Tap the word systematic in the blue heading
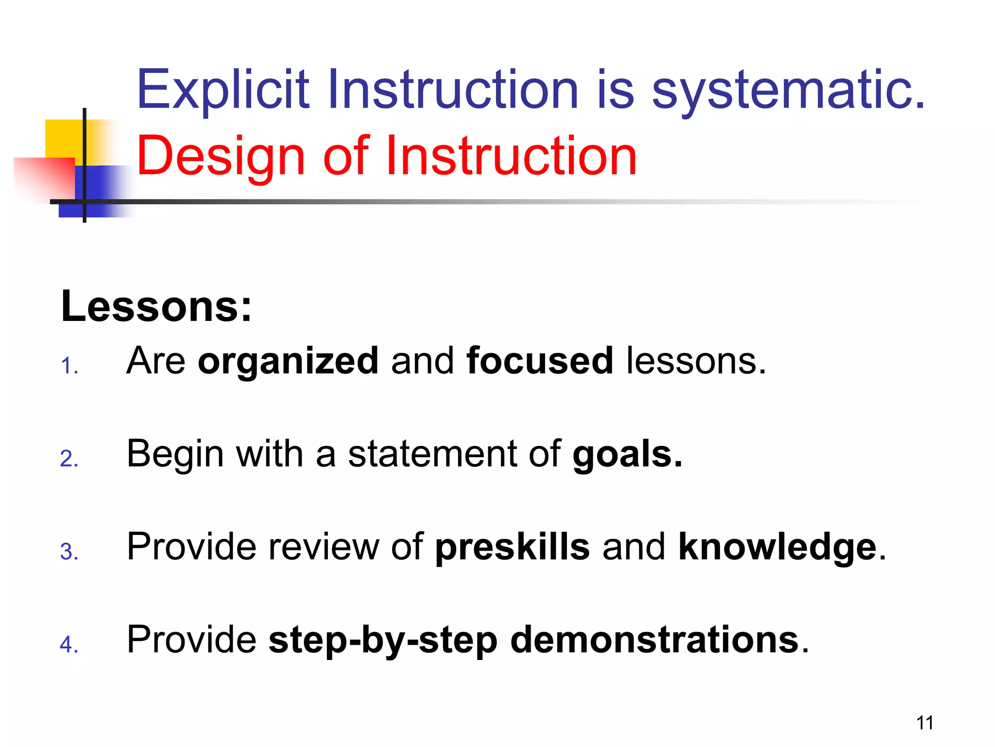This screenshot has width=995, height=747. point(787,90)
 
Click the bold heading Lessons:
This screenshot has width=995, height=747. point(156,306)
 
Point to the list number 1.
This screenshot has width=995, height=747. point(69,366)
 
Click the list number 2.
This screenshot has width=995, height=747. point(69,459)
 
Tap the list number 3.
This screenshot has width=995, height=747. point(69,551)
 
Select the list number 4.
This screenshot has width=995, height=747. point(69,644)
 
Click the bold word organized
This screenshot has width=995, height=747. point(288,361)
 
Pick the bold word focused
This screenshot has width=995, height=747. point(539,361)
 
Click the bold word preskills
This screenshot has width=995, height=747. point(512,547)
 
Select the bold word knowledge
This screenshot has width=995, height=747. point(777,547)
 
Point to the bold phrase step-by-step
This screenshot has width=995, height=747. point(383,640)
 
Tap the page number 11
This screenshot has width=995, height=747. point(925,723)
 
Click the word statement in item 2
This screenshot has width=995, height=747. point(432,454)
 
